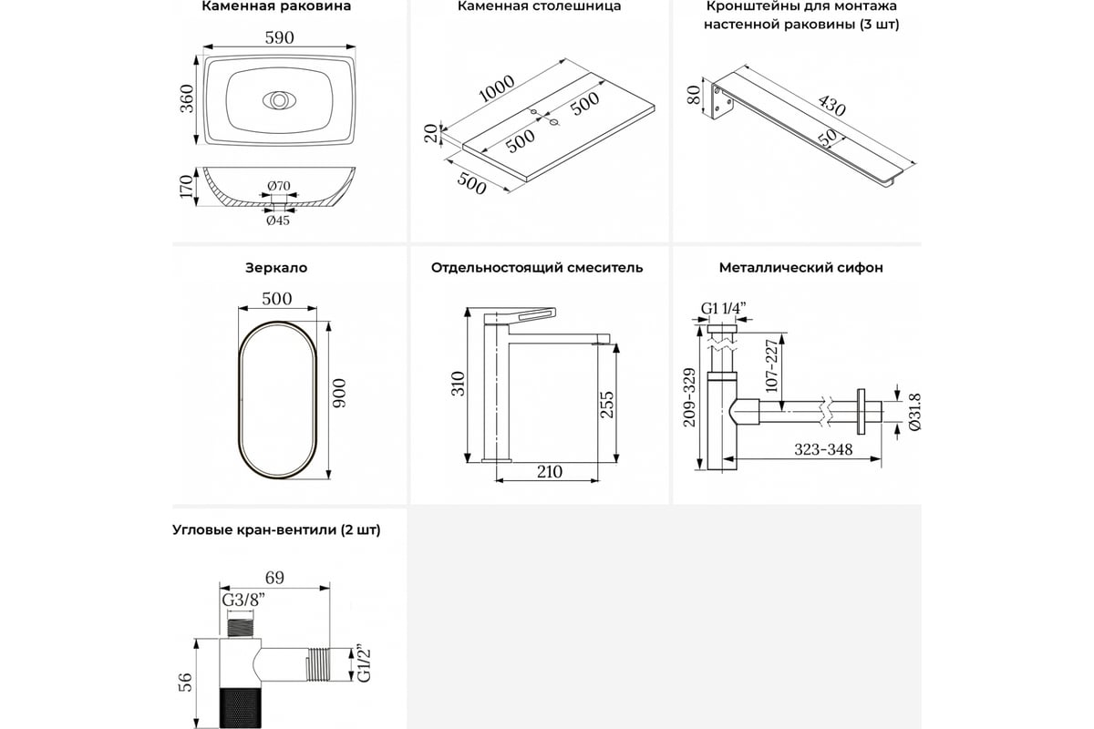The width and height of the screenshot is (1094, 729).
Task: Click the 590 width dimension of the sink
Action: pyautogui.click(x=277, y=38)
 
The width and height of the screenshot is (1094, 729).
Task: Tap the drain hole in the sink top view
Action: pyautogui.click(x=277, y=98)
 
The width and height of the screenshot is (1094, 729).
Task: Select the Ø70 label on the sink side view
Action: pyautogui.click(x=279, y=187)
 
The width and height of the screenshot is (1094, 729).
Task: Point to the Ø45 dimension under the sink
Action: pyautogui.click(x=278, y=220)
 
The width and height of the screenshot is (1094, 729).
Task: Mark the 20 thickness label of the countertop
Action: pyautogui.click(x=430, y=134)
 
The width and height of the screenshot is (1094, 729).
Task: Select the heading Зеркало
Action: pyautogui.click(x=276, y=268)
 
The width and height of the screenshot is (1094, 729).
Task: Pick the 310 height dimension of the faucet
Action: pyautogui.click(x=459, y=383)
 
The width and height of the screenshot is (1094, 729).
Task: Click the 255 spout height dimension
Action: pyautogui.click(x=609, y=403)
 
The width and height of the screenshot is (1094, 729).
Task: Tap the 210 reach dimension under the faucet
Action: pyautogui.click(x=550, y=471)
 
